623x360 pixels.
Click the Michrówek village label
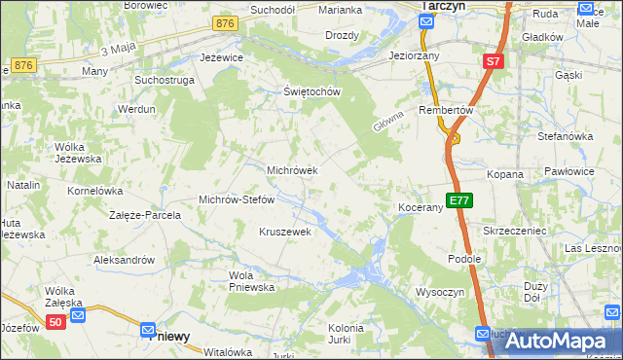click(x=292, y=170)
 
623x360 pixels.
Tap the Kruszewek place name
click(x=284, y=232)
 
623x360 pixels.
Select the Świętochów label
click(x=310, y=92)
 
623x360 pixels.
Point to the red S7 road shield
click(x=494, y=61)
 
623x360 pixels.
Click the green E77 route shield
click(x=459, y=200)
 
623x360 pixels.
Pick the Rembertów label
click(x=445, y=110)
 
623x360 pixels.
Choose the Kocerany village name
click(x=421, y=208)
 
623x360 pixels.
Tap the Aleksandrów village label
click(x=124, y=260)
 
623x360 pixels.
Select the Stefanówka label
click(x=565, y=136)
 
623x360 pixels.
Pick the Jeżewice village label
click(x=221, y=57)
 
